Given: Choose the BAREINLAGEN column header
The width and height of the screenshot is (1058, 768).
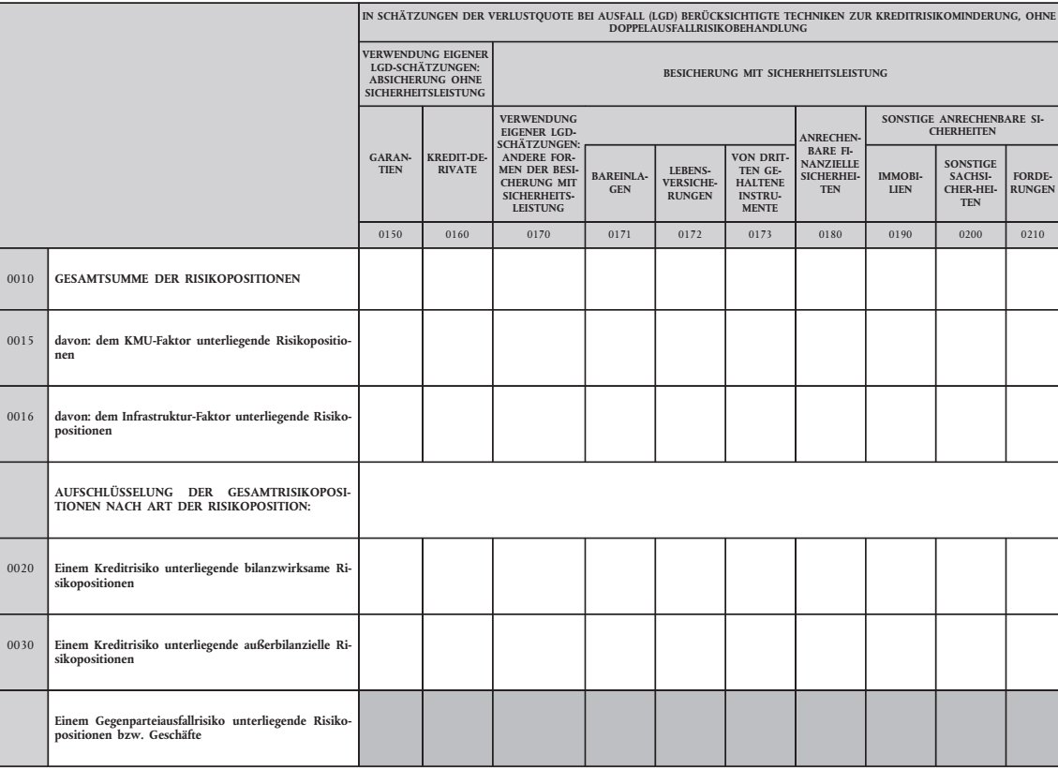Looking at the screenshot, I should pos(619,183).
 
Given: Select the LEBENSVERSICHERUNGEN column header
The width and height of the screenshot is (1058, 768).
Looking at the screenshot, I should pos(690,183).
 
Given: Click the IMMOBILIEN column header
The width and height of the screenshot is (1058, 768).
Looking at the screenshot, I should pos(900,183).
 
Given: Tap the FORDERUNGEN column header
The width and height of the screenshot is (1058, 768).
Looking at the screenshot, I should pos(1031,183).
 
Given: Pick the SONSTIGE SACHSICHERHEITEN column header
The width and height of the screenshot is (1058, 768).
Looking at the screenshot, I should pos(970,183).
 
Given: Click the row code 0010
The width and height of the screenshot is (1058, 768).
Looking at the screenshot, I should pos(22,278).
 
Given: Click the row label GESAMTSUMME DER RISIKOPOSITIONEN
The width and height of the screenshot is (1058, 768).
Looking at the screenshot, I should pos(178,278).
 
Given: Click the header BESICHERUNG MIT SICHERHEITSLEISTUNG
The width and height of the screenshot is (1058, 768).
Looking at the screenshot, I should pos(774,72).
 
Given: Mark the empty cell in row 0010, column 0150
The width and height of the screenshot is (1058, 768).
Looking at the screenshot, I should pos(390,278).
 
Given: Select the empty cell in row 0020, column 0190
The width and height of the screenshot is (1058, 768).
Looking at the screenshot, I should pos(900,575).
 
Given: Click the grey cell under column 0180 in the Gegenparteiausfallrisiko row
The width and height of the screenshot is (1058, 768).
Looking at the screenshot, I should pos(829,729).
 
